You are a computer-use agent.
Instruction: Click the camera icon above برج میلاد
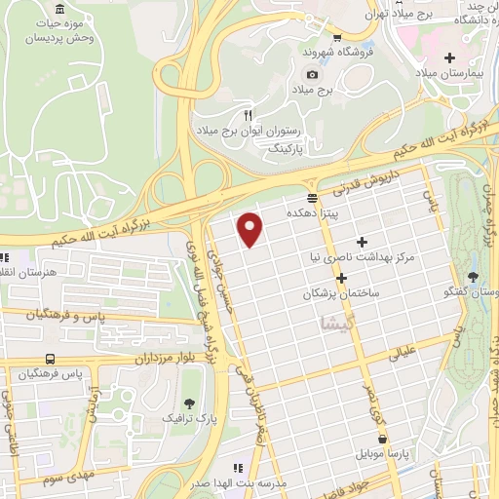[x=312, y=74]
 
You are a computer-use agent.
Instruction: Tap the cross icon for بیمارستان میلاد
[x=449, y=58]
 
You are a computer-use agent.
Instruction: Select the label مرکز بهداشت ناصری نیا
[x=362, y=256]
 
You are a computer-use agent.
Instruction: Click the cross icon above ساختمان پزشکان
[x=341, y=278]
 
